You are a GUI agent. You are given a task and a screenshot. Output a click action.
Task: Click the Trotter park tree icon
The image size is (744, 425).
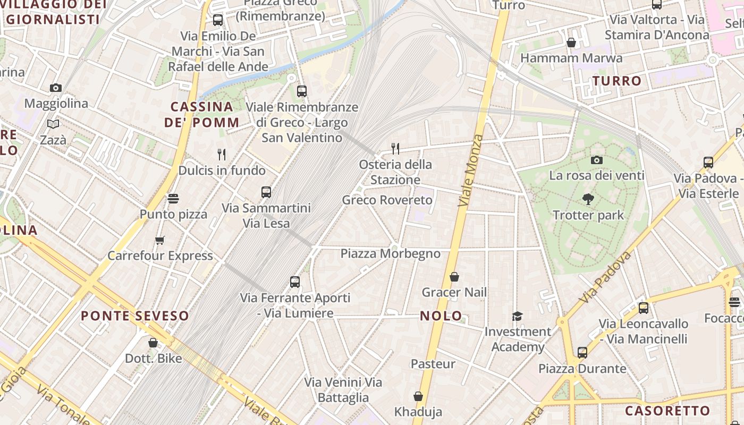click(x=588, y=199)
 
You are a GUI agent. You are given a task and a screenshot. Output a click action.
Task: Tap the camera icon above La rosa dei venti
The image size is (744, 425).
click(x=597, y=160)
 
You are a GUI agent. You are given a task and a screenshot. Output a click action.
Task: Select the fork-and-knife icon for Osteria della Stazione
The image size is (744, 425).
click(x=395, y=148)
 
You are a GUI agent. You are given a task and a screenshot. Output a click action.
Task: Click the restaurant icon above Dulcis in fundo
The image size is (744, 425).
click(x=222, y=155)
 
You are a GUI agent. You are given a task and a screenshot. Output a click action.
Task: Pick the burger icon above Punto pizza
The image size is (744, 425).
click(x=173, y=199)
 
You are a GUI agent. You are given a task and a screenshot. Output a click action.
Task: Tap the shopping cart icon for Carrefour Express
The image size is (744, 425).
click(x=159, y=240)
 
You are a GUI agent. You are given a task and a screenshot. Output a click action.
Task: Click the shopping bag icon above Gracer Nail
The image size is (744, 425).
click(x=454, y=277)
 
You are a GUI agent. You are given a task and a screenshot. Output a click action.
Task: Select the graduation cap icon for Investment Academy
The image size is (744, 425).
click(x=517, y=317)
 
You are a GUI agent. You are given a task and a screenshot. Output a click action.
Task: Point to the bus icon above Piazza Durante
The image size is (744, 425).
click(x=582, y=353)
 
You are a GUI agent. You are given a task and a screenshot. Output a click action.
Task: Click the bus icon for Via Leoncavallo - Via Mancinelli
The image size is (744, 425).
click(x=644, y=308)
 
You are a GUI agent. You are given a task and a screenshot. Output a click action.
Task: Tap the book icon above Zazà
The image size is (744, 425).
click(x=53, y=124)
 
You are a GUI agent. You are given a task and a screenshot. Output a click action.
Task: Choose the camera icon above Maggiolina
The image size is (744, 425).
click(x=56, y=88)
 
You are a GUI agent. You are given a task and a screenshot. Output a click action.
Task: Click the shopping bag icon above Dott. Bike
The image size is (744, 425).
click(x=153, y=343)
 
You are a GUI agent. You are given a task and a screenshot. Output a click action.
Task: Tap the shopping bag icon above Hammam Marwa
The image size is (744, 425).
click(x=571, y=42)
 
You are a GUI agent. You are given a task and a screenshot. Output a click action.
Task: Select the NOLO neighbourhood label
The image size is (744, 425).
click(x=441, y=316)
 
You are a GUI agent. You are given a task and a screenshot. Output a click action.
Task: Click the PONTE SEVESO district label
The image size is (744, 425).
click(x=135, y=316)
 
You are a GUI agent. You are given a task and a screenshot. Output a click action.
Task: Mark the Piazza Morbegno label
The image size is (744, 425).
click(x=391, y=253)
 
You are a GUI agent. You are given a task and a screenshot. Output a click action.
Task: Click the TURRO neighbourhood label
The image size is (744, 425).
click(x=617, y=81)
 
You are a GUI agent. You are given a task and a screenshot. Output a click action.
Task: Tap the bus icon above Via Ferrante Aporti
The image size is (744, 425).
click(x=295, y=282)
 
